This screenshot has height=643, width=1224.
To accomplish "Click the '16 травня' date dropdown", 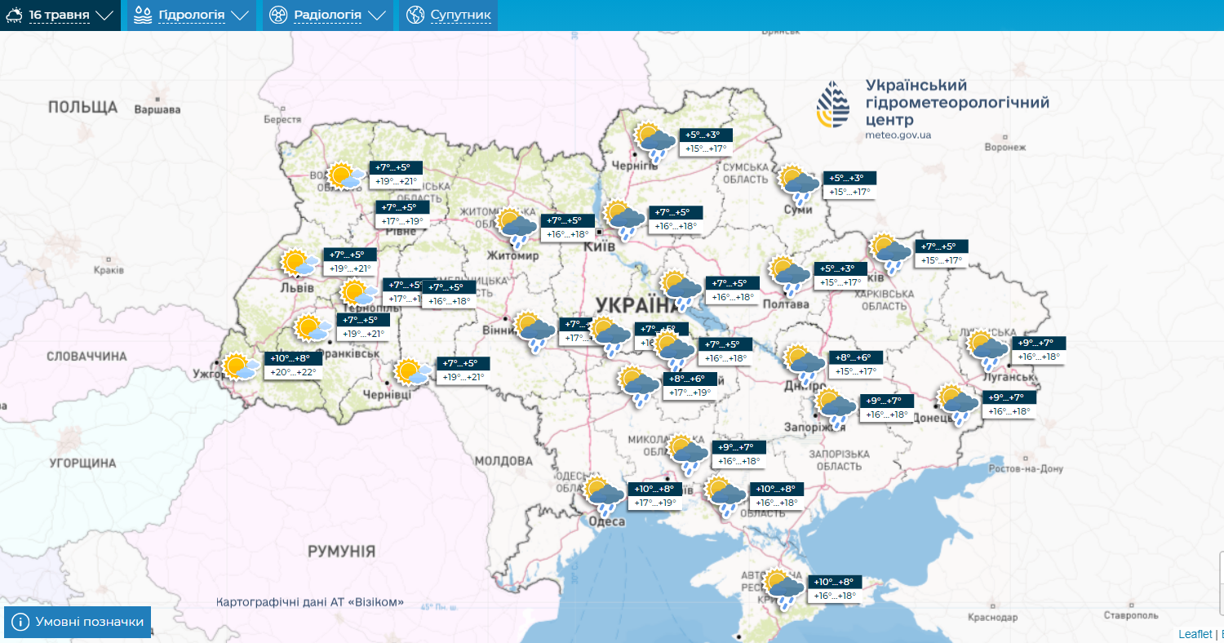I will tap(60, 16).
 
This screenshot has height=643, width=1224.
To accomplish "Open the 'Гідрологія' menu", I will tap(192, 16).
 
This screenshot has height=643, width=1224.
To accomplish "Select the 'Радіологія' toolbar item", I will tap(327, 16).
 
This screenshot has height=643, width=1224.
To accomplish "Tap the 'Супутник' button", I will tap(449, 16).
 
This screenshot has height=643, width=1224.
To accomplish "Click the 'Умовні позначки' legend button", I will tap(78, 622).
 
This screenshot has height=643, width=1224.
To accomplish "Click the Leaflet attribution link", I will tap(1195, 634).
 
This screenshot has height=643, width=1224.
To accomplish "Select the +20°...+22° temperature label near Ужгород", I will tap(293, 373).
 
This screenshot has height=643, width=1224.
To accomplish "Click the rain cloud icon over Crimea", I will tap(784, 589).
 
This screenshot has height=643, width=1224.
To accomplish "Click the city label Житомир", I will tap(512, 255).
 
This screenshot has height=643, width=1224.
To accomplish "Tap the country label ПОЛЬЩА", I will tap(82, 107).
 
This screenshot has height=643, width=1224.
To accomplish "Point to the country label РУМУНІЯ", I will tap(341, 552).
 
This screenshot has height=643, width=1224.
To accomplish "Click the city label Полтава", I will tap(786, 304).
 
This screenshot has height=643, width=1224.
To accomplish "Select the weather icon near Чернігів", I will tap(655, 141).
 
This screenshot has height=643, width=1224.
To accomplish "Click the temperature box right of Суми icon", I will tap(849, 185).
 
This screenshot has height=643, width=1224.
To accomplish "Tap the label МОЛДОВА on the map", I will tap(503, 461).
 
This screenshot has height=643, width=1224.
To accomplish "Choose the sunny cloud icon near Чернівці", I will tap(412, 372).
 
